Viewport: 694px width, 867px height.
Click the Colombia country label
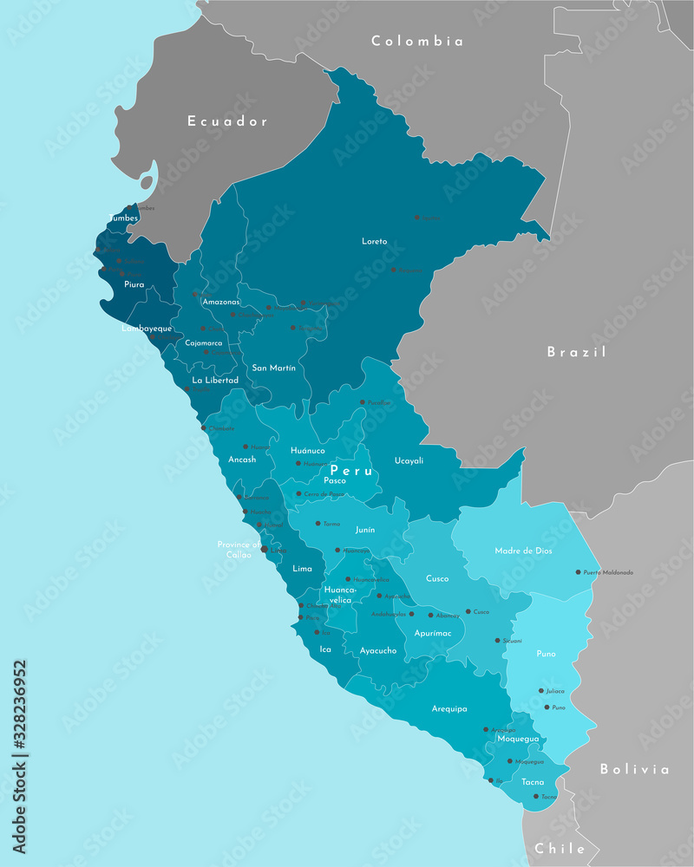click(417, 41)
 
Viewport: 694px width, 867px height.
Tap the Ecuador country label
click(228, 121)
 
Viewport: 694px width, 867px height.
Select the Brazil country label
click(576, 352)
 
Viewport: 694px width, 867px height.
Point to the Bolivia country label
click(634, 769)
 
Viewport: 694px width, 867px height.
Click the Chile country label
click(560, 848)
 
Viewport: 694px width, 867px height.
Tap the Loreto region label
click(375, 241)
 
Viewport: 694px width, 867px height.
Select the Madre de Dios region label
click(523, 551)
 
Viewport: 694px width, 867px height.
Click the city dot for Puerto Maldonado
click(578, 572)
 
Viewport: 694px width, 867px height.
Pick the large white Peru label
click(351, 471)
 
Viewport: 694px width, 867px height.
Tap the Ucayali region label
click(409, 460)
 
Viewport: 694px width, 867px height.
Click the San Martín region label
click(273, 368)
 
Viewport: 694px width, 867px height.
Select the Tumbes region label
click(123, 218)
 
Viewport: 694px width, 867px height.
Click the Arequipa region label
click(449, 708)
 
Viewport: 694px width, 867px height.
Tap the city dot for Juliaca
click(540, 691)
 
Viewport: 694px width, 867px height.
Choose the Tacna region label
click(534, 781)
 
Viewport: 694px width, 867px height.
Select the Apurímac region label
click(433, 633)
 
